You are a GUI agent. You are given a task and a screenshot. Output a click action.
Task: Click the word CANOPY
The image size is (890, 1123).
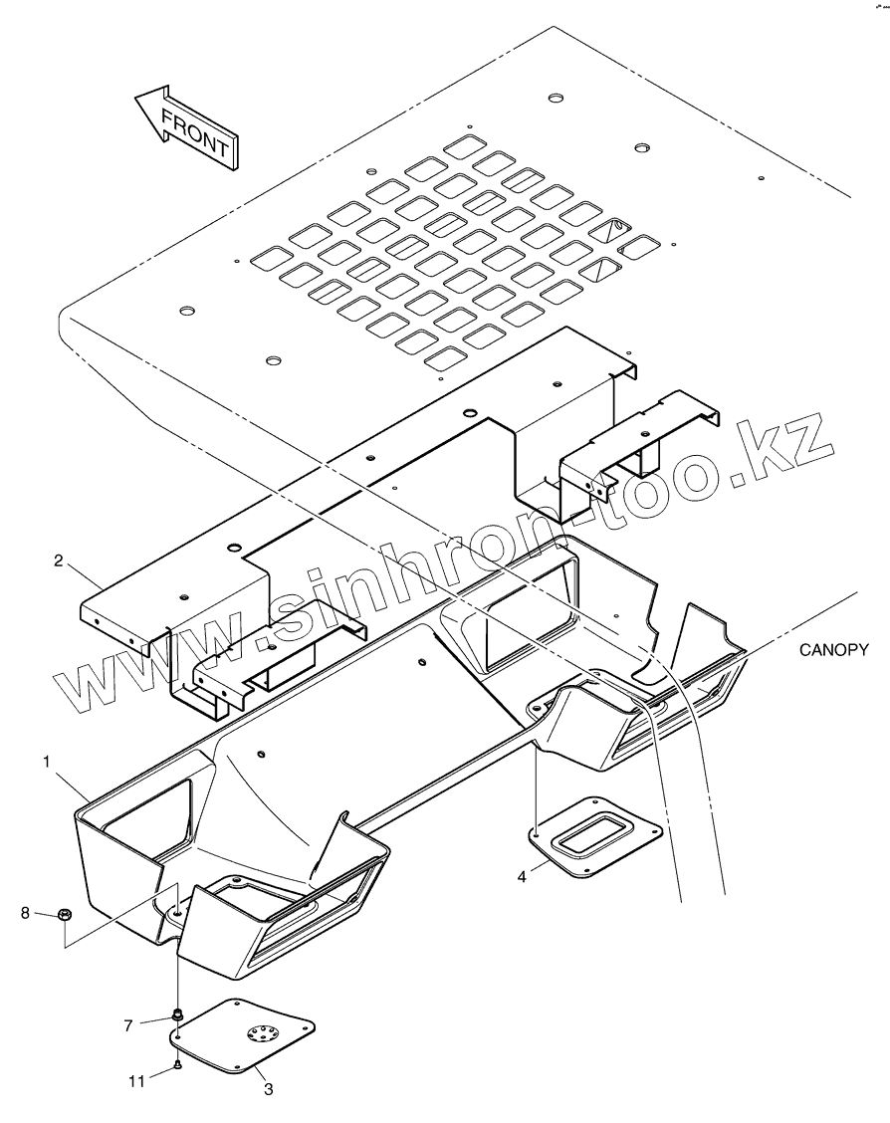[833, 650]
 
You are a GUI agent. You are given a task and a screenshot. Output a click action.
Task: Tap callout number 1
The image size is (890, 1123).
[47, 762]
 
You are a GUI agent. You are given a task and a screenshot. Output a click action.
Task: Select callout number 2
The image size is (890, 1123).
[59, 561]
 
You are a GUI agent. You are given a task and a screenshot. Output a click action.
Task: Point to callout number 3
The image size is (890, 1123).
[268, 1089]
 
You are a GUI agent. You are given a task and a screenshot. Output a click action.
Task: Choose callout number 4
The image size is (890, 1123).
[522, 877]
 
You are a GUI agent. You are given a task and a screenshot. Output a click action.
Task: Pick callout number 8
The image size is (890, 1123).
[26, 912]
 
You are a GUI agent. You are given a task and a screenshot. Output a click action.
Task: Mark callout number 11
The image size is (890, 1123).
[136, 1079]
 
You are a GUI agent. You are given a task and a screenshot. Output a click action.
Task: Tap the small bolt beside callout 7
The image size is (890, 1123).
[176, 1014]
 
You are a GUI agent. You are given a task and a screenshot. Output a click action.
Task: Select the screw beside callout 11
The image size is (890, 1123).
[176, 1065]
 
